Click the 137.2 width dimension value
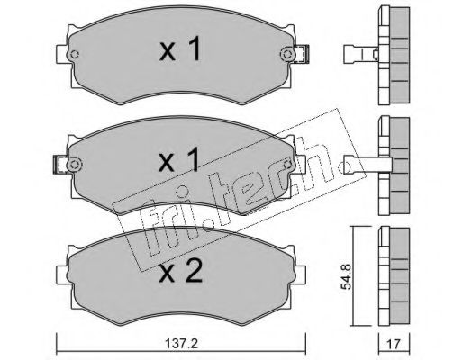tap(181, 344)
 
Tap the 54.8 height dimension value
tap(346, 276)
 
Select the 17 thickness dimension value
tap(394, 344)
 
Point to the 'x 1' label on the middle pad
tap(179, 159)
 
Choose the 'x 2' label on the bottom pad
tap(181, 271)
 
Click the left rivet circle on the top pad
tap(74, 55)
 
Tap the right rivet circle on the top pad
tap(287, 55)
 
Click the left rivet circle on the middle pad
tap(74, 165)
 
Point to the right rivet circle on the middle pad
tap(287, 165)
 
